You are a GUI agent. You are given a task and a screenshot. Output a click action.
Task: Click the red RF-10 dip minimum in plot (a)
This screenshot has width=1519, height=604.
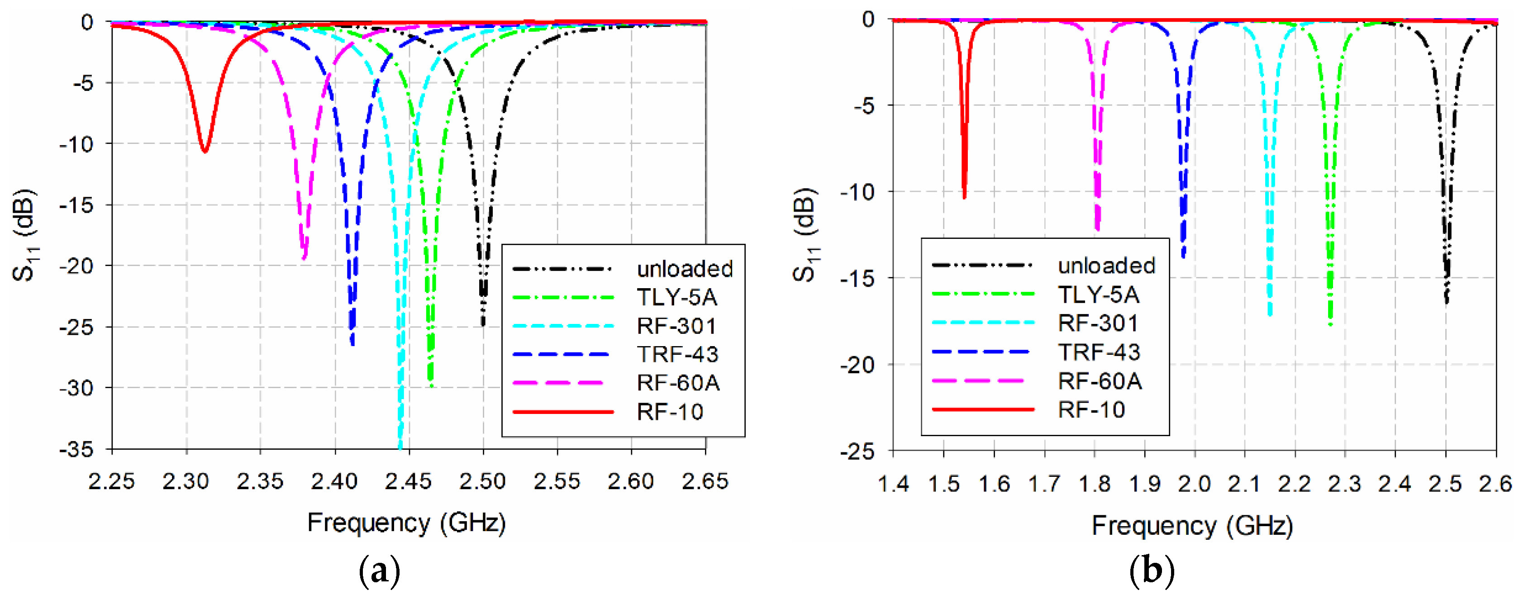[x=204, y=152]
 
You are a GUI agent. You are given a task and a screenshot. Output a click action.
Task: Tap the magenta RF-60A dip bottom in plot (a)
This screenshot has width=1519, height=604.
[x=304, y=258]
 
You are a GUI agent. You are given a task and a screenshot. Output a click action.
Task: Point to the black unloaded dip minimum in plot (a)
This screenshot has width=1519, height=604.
[x=483, y=324]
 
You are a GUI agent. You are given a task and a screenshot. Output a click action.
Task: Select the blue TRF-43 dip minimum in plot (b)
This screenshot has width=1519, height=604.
[x=1183, y=257]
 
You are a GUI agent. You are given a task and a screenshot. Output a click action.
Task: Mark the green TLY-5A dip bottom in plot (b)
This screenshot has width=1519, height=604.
[x=1330, y=324]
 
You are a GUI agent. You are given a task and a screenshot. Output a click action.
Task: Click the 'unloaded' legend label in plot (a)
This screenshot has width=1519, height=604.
[x=685, y=269]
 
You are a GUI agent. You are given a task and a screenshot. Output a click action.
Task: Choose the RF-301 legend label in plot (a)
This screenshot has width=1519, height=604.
[x=676, y=326]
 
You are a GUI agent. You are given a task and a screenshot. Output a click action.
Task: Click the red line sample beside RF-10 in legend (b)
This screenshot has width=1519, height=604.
[x=982, y=409]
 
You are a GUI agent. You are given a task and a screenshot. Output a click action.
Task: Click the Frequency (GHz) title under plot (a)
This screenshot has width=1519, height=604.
[x=406, y=523]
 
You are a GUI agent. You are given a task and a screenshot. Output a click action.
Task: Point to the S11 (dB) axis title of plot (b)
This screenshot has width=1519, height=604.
[x=806, y=235]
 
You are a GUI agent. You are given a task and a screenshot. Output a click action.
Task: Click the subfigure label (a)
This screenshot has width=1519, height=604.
[x=379, y=571]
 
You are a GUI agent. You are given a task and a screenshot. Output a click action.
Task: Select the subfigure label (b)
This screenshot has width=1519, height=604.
[x=1152, y=571]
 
